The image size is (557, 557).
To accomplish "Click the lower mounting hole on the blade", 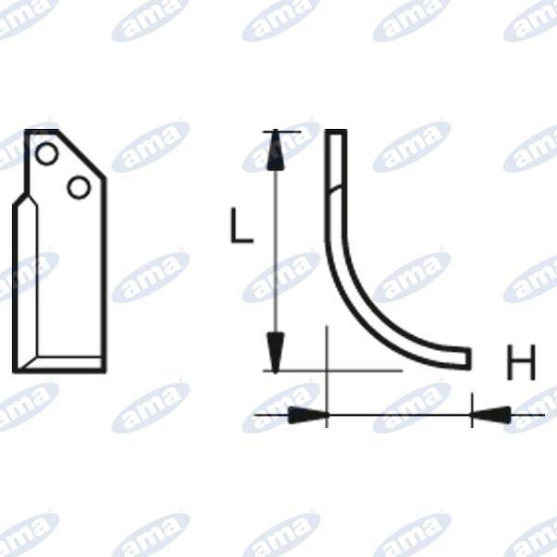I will pyautogui.click(x=79, y=188).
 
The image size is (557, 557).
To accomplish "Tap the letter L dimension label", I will pyautogui.click(x=241, y=225).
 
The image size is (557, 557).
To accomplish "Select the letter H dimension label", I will pyautogui.click(x=522, y=363).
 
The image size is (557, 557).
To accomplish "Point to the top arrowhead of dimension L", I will pyautogui.click(x=274, y=151).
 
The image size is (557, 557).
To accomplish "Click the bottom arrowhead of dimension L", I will pyautogui.click(x=274, y=353).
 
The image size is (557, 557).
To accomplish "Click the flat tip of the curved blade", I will pyautogui.click(x=469, y=357).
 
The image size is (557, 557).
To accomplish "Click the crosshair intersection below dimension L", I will pyautogui.click(x=328, y=370).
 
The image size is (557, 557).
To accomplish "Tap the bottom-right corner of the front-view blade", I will pyautogui.click(x=103, y=370).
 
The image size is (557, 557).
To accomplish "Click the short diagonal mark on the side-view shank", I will pyautogui.click(x=335, y=191).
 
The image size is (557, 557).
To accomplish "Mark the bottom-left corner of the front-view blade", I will pyautogui.click(x=15, y=370).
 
